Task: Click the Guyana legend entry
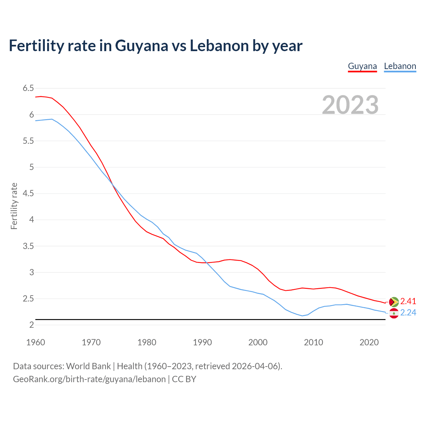click(362, 66)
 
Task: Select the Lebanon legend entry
click(400, 66)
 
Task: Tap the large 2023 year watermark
click(350, 105)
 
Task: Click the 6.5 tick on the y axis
click(28, 88)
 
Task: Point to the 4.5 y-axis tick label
click(28, 193)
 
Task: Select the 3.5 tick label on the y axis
click(28, 246)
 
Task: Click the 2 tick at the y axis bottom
click(32, 325)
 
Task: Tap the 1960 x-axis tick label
click(36, 342)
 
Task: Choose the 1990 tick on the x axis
click(202, 342)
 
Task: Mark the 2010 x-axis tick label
click(313, 342)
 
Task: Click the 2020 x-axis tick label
click(369, 342)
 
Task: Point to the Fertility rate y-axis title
click(14, 206)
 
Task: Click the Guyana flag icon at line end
click(394, 302)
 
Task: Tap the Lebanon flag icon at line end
click(394, 313)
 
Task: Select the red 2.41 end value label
click(408, 301)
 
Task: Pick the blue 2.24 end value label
click(408, 313)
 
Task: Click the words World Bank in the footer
click(88, 366)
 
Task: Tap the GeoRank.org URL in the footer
click(89, 379)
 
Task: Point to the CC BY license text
click(184, 379)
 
